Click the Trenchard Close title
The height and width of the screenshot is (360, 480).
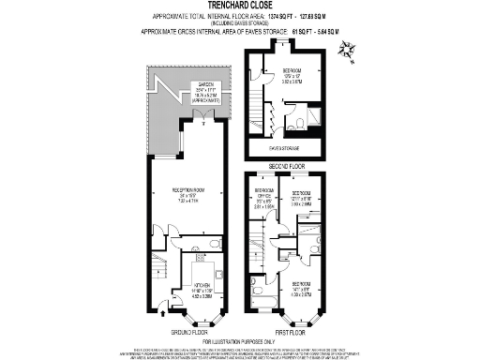click(x=239, y=6)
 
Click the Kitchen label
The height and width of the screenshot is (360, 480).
click(x=203, y=286)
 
